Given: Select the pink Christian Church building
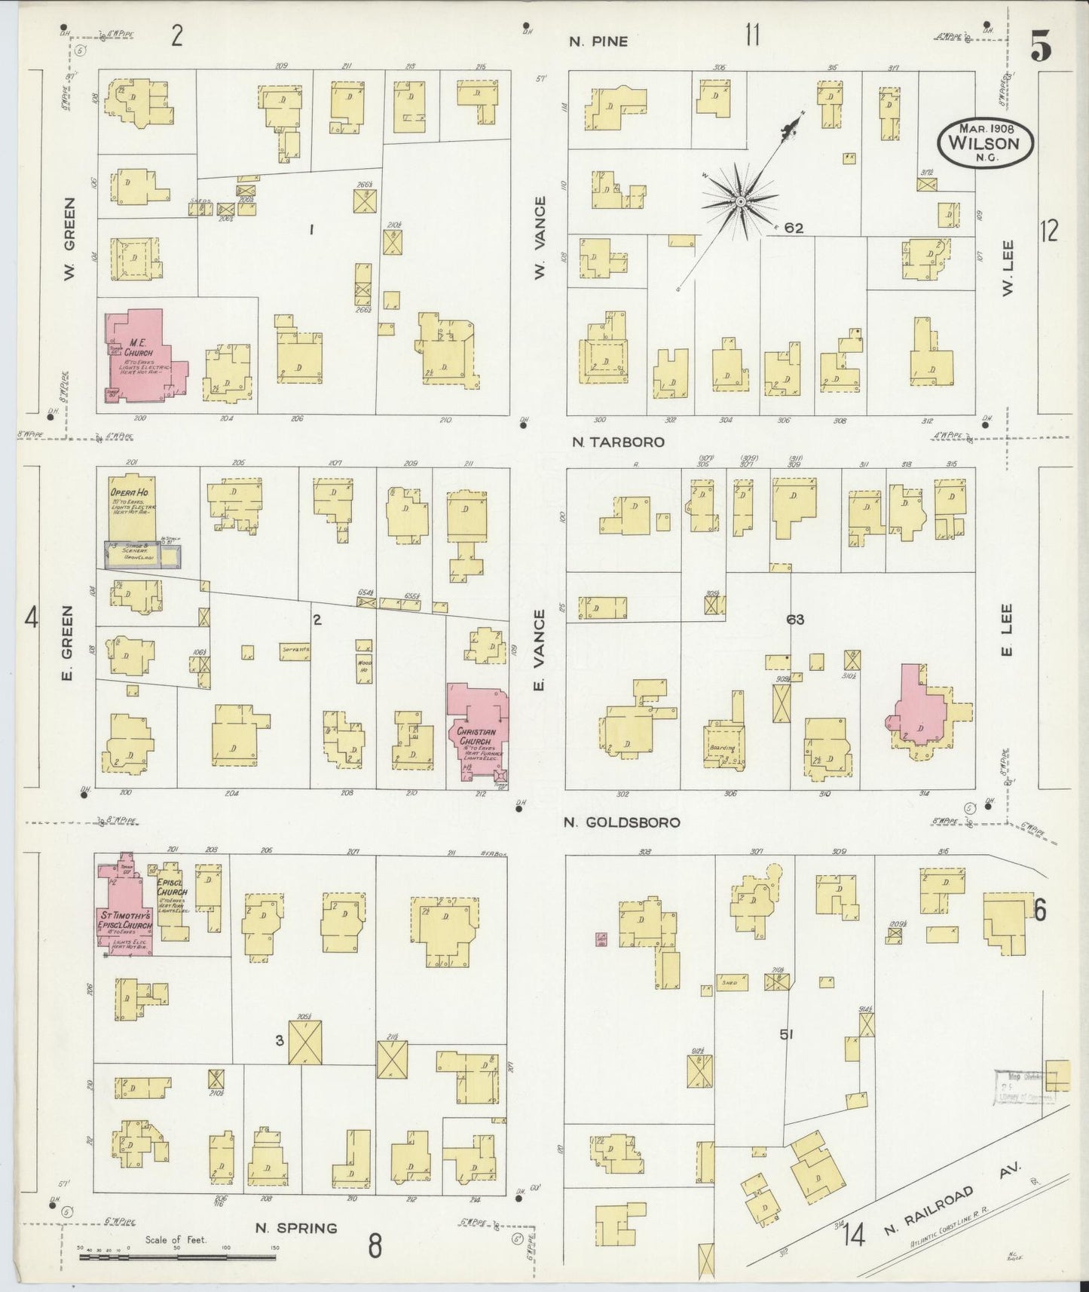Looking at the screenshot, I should (475, 727).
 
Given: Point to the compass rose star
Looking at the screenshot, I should (741, 201).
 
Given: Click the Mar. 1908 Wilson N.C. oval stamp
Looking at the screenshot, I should (984, 141).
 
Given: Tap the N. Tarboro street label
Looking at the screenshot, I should (618, 442).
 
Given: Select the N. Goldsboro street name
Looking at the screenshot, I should (622, 822).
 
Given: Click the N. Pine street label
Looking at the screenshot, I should (598, 41).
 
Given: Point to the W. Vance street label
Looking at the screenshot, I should (540, 238).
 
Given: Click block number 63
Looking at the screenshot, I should (795, 620).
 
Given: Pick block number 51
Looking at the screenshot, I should (787, 1035).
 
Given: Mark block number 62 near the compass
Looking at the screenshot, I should (794, 228).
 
